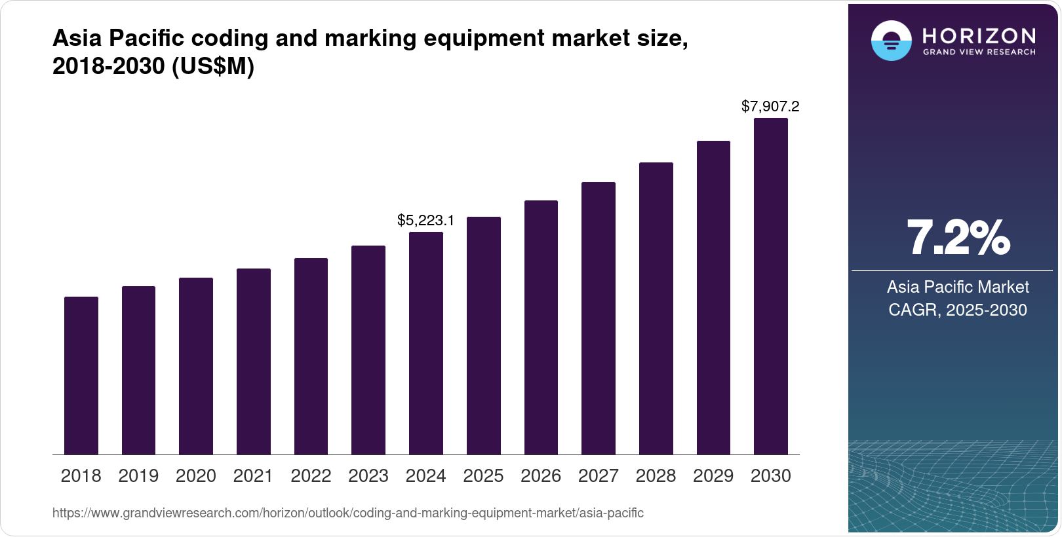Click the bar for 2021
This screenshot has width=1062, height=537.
pos(254,361)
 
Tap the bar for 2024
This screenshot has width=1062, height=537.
pos(426,343)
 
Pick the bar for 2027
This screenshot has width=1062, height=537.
pos(599,318)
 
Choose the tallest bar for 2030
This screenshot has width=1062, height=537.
pos(771,286)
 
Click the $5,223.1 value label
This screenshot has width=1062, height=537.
pos(425,221)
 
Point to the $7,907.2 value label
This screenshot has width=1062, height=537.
pos(770,106)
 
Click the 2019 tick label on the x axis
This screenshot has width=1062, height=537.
pos(138,476)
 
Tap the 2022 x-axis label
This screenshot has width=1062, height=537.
pos(311,476)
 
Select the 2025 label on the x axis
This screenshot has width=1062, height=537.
pos(483,476)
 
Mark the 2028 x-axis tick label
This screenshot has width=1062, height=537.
pos(656,476)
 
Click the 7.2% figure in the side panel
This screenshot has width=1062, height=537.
pos(958,238)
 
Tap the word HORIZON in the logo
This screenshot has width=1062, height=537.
pos(979,35)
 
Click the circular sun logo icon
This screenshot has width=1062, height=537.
pos(891,41)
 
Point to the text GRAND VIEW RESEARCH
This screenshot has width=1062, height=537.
pos(979,52)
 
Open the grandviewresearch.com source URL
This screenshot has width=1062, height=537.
pos(347,513)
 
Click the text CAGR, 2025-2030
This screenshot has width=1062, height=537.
pos(957,310)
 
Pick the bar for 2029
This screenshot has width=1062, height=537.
pos(713,297)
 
